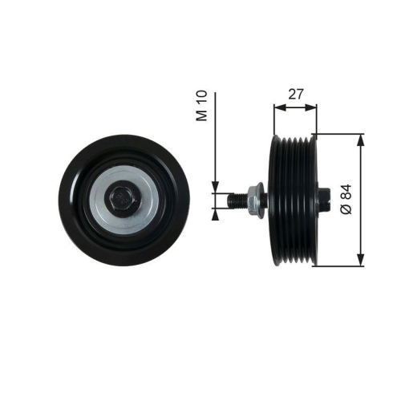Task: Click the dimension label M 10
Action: pyautogui.click(x=204, y=105)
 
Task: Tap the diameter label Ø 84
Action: pyautogui.click(x=346, y=198)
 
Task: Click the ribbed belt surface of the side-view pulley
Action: pyautogui.click(x=294, y=200)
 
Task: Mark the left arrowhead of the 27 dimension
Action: pyautogui.click(x=277, y=106)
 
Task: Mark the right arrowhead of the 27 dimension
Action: pyautogui.click(x=313, y=106)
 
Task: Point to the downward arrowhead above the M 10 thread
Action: pyautogui.click(x=215, y=188)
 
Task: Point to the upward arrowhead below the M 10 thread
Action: pyautogui.click(x=215, y=212)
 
